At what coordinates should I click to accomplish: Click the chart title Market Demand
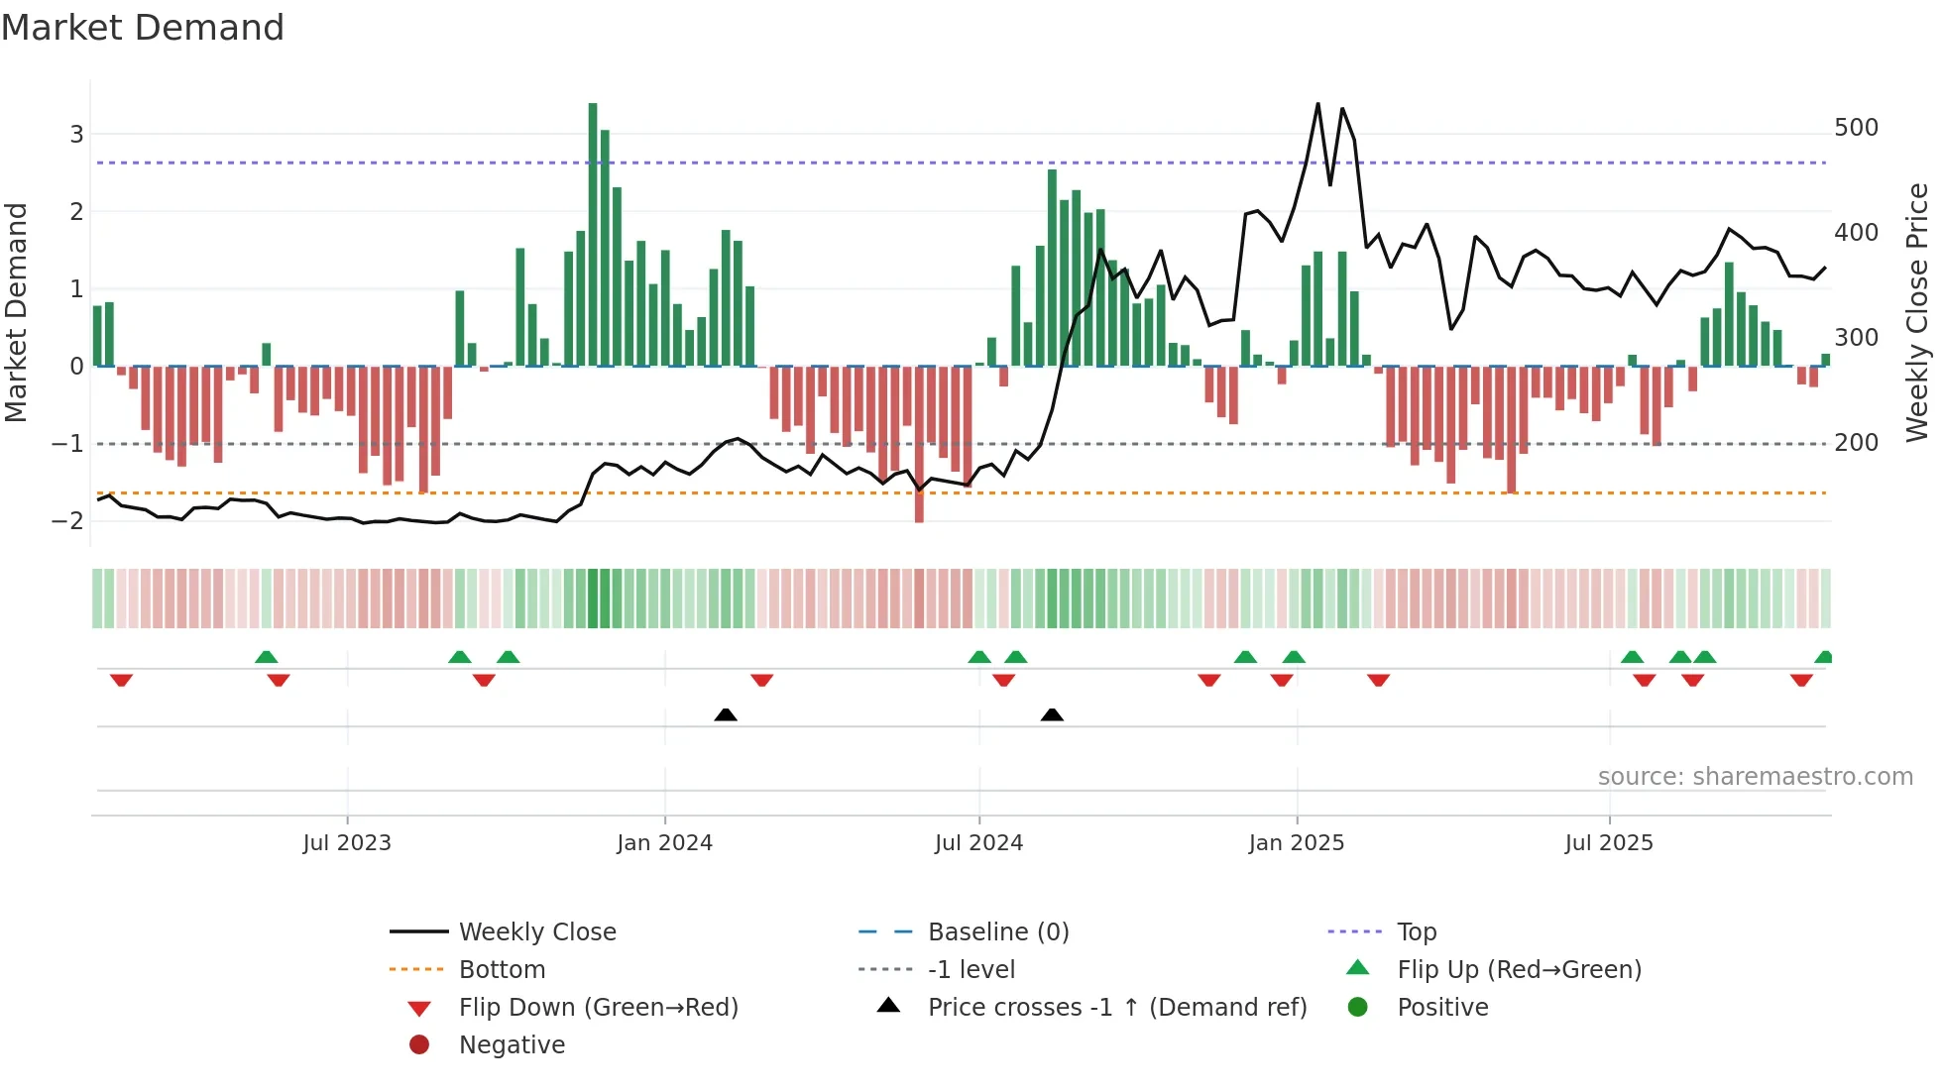143,28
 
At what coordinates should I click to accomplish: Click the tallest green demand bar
593,234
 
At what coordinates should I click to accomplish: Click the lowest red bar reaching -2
919,446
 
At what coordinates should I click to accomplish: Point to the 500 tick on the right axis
1856,128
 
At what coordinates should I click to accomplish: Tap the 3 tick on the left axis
76,134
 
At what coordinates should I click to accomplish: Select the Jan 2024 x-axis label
664,843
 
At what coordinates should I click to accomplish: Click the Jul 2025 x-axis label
1609,843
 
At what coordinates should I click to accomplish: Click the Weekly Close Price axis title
1917,312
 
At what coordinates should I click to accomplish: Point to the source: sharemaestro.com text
1755,777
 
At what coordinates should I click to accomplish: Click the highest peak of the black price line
1317,104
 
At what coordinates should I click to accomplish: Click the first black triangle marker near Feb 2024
726,714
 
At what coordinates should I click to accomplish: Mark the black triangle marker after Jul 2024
1052,714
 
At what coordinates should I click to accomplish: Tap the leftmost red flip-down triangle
121,680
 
